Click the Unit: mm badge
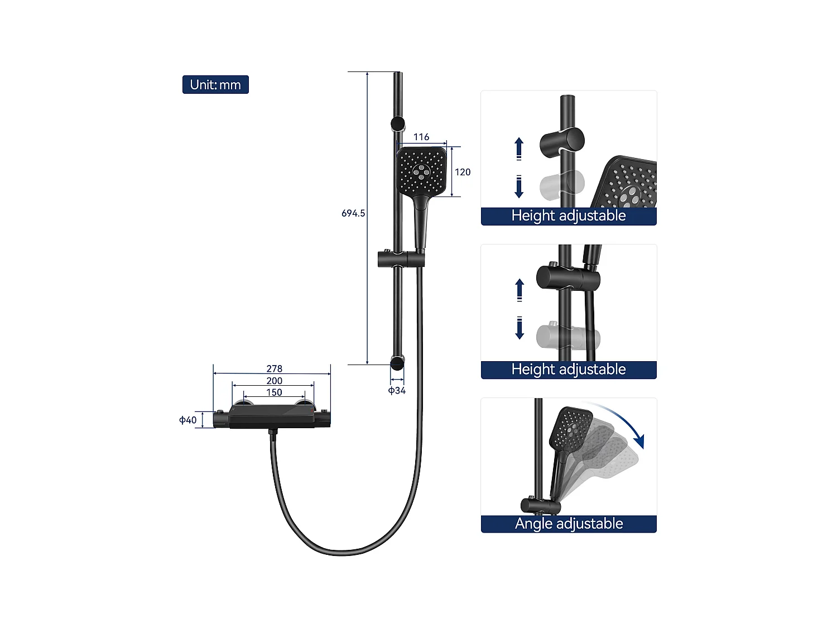[x=215, y=85]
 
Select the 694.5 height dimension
[x=353, y=213]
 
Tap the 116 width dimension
[x=421, y=137]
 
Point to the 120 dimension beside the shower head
[x=463, y=172]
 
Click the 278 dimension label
[x=274, y=368]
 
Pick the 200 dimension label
[x=274, y=381]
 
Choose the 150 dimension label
[x=274, y=392]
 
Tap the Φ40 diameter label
[x=187, y=420]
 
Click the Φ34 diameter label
[x=397, y=391]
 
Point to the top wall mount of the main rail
[x=397, y=124]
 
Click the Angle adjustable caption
[x=569, y=524]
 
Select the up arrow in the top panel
[x=519, y=148]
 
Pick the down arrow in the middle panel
[x=519, y=328]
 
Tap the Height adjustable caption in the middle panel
[x=569, y=370]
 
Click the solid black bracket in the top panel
[x=562, y=142]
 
